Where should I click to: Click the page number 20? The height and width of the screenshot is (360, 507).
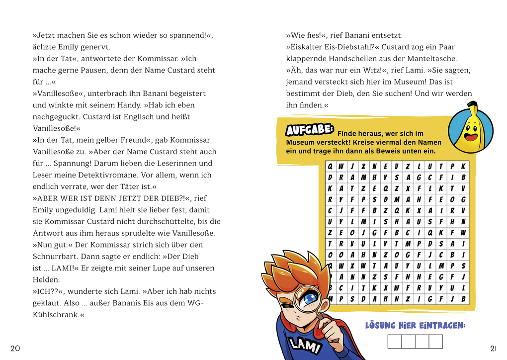point(15,348)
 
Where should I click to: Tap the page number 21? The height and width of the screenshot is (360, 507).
point(493,348)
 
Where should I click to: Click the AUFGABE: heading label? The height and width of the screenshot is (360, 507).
point(309,130)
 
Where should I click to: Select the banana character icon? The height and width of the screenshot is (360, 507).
point(470,129)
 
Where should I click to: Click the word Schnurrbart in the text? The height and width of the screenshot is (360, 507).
point(55,257)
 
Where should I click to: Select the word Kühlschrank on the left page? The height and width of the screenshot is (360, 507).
point(56,315)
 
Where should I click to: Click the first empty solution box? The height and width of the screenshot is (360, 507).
point(394,342)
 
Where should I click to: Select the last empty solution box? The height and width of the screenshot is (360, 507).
point(435,342)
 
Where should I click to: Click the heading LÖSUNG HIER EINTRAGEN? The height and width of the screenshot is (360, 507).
point(415,326)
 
